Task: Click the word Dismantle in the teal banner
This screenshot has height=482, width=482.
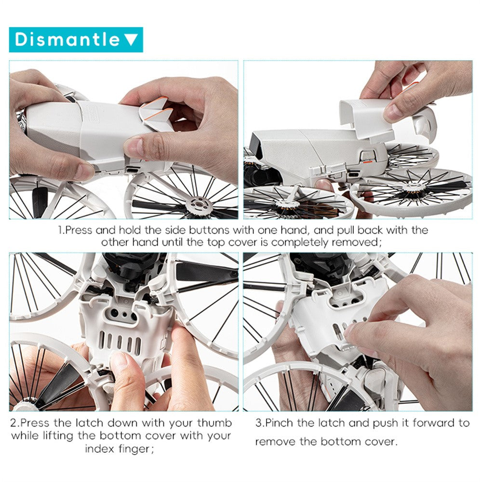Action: point(67,40)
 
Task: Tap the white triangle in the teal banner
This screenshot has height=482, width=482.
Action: point(131,40)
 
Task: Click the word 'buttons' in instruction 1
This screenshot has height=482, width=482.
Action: point(209,230)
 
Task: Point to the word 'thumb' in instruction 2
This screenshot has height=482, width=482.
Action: point(214,423)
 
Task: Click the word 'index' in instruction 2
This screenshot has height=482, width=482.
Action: point(99,449)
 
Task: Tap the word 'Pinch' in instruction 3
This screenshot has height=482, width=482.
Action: point(280,423)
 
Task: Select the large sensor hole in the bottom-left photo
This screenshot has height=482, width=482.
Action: point(114,313)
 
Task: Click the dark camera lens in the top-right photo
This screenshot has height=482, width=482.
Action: point(256,145)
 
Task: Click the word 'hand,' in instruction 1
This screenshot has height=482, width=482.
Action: point(294,230)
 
